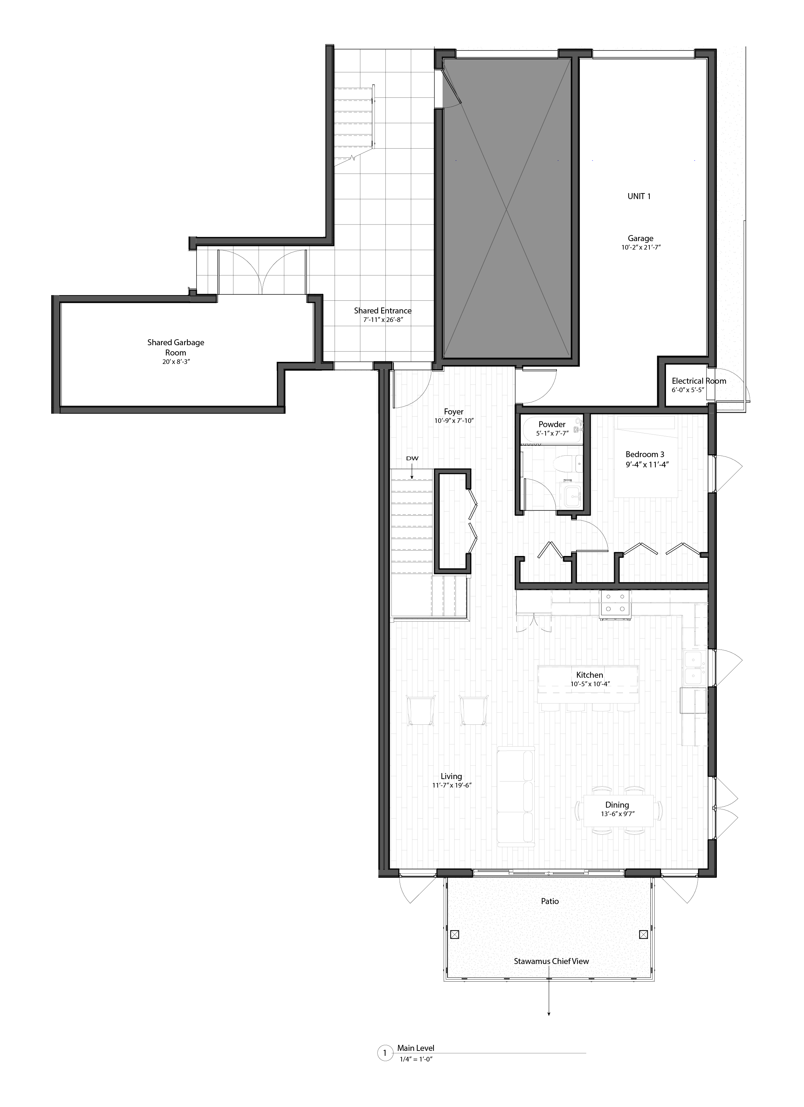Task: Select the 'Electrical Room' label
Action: pyautogui.click(x=698, y=381)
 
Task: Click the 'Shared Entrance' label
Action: pyautogui.click(x=382, y=310)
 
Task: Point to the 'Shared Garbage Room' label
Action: pyautogui.click(x=176, y=347)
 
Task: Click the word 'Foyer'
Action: pyautogui.click(x=454, y=412)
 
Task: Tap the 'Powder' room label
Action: pyautogui.click(x=552, y=424)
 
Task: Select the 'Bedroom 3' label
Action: pyautogui.click(x=645, y=454)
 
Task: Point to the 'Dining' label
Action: pyautogui.click(x=617, y=805)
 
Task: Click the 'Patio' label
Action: pyautogui.click(x=550, y=901)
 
